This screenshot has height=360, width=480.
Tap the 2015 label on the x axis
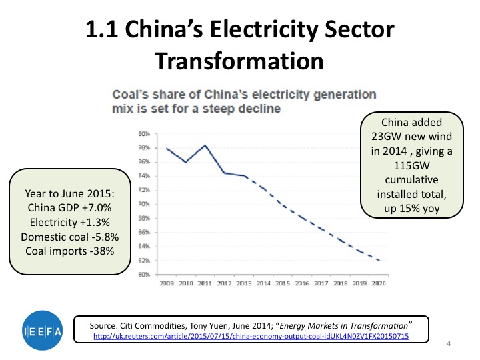click(x=283, y=283)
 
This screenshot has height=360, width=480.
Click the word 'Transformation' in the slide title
click(x=239, y=61)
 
